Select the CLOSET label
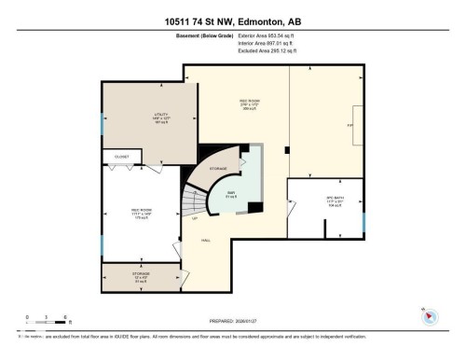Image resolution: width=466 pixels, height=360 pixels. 121,158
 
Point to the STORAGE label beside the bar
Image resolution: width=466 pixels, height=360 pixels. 217,169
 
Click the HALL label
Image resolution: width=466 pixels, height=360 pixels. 205,240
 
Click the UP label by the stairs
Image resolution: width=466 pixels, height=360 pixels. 194,219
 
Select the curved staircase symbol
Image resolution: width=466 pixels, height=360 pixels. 191,201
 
